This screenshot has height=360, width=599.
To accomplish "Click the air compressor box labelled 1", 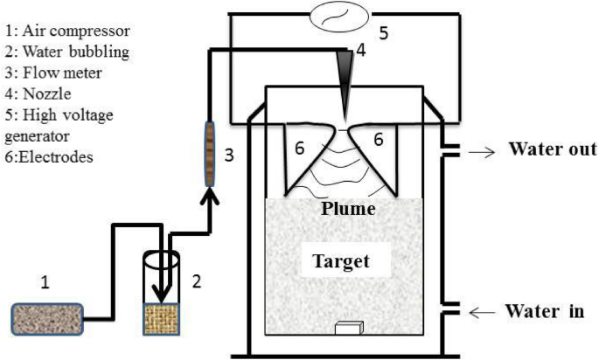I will point(48,318).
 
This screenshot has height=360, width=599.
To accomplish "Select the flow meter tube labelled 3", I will point(210,154).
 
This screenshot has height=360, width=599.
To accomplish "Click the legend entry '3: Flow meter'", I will point(51,72).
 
